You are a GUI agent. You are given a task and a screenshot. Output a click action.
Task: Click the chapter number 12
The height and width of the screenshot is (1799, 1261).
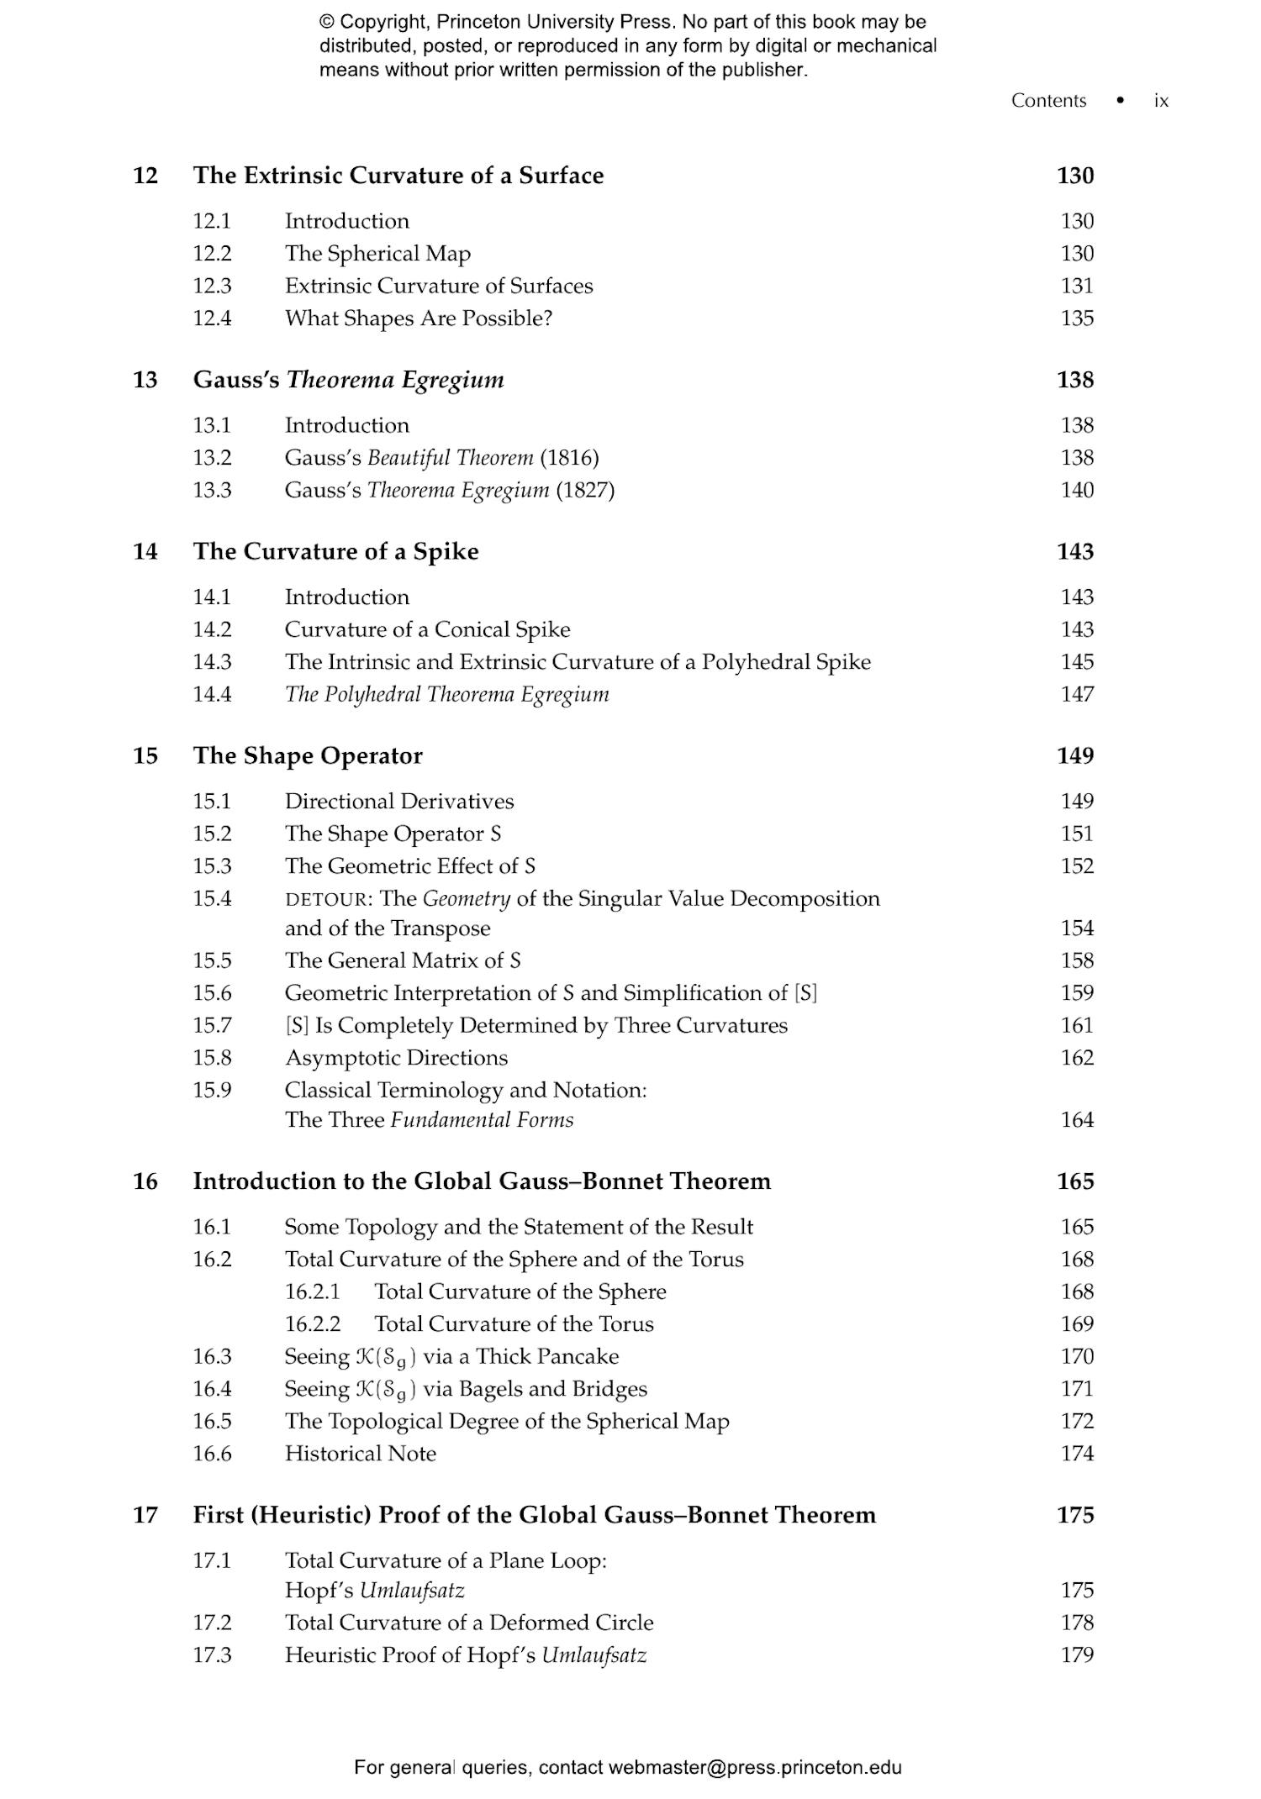145,176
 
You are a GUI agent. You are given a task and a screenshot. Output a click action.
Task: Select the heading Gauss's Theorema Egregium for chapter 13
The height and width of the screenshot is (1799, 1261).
348,380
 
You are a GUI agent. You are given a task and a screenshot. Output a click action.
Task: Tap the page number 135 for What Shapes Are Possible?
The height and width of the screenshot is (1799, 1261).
1076,318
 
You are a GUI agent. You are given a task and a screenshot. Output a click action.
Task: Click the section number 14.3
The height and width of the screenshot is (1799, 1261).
212,662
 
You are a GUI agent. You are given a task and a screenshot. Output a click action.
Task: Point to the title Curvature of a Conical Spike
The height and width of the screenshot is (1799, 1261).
427,629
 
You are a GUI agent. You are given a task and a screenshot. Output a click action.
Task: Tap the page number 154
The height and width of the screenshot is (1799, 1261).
1076,928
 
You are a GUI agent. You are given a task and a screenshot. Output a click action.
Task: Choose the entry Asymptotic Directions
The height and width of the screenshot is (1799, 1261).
396,1058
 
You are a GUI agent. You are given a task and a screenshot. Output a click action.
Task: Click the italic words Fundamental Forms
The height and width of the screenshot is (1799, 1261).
482,1120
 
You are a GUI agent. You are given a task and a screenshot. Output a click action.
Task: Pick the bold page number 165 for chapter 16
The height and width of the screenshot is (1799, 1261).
1074,1181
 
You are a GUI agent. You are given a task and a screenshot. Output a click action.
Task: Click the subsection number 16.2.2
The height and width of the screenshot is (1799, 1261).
313,1324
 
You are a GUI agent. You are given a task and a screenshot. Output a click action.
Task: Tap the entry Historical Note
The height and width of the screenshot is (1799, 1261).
360,1454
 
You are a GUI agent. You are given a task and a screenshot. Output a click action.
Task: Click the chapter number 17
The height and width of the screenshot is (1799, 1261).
145,1515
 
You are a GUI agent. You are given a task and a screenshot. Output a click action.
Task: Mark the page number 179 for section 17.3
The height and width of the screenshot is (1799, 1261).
1076,1655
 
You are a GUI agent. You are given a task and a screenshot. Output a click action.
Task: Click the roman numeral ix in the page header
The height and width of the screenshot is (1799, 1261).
1161,101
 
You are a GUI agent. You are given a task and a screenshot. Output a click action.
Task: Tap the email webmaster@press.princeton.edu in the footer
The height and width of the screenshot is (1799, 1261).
754,1767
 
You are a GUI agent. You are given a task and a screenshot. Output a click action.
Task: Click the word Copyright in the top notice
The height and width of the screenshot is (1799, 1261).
378,22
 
